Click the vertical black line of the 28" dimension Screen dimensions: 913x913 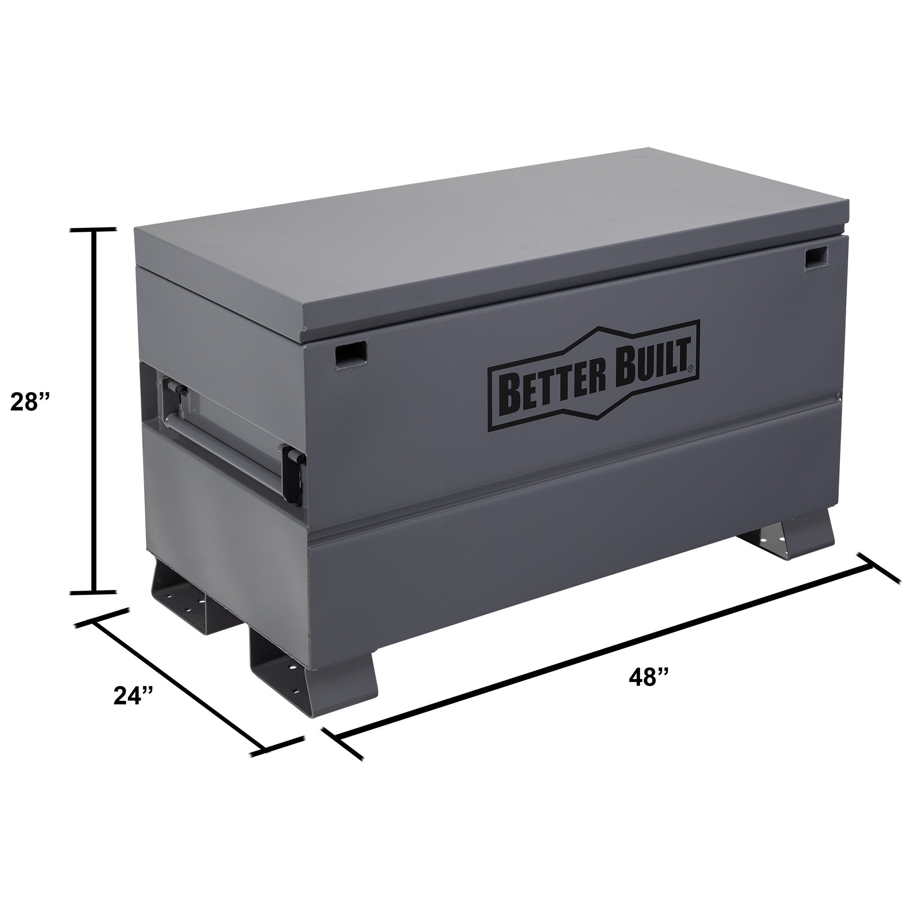coord(94,411)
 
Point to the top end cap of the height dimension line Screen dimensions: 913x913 coord(93,230)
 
